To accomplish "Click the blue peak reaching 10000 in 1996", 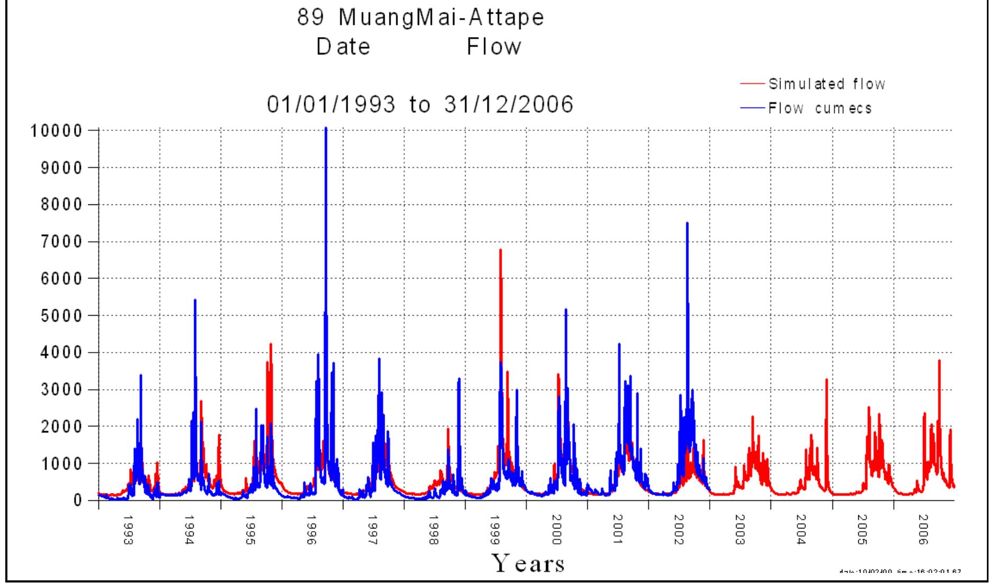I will (x=325, y=129).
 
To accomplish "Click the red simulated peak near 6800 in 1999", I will (x=500, y=250).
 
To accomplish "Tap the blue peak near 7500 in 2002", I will (x=687, y=224).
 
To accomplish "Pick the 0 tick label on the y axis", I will (x=77, y=500).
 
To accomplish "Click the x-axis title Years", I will (x=528, y=563).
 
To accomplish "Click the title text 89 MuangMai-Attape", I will (x=420, y=18).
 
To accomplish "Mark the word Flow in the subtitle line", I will (x=494, y=47).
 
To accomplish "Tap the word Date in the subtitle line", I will (x=343, y=47).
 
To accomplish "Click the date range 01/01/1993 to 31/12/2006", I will (x=420, y=104).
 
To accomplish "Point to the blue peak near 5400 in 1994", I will (x=195, y=300).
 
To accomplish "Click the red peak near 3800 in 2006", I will (x=939, y=361).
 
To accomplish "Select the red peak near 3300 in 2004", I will (x=827, y=380).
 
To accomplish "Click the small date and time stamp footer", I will (x=900, y=572).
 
